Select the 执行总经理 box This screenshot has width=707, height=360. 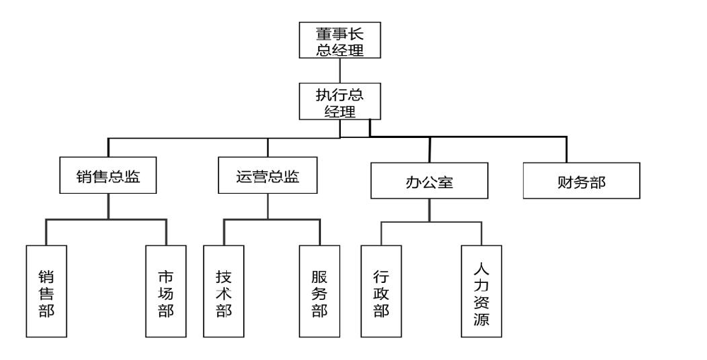[339, 100]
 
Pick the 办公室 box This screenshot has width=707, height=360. [429, 181]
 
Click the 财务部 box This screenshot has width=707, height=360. [581, 181]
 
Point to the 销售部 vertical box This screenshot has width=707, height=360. [47, 291]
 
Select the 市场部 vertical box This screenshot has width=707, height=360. [166, 291]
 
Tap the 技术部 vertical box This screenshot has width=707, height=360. [223, 291]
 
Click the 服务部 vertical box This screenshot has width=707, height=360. [320, 291]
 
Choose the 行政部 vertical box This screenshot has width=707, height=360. [381, 291]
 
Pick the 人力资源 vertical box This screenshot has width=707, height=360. [481, 291]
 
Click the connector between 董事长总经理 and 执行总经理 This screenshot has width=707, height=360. [340, 71]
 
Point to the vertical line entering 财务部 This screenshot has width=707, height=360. [566, 149]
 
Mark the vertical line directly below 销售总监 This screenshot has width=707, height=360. [107, 207]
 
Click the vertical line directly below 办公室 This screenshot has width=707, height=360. [429, 210]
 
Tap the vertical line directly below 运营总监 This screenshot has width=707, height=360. [267, 207]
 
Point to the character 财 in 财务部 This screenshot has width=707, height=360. [565, 181]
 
